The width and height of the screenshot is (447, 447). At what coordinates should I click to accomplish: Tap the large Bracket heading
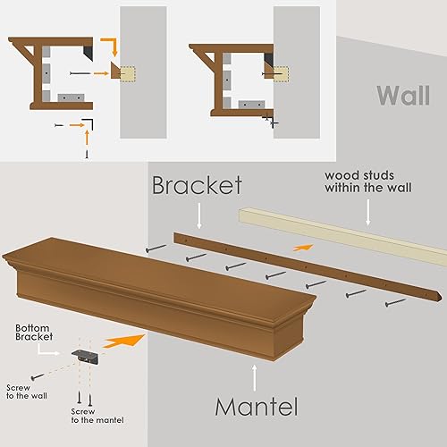point(197,185)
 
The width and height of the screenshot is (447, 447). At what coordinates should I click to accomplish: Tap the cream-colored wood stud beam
point(340,229)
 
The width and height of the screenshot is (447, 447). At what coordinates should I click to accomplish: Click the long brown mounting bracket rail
point(308,266)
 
